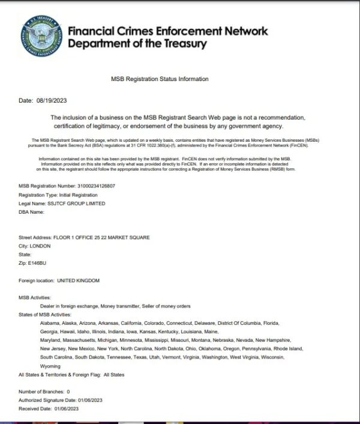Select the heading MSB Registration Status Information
pos(160,79)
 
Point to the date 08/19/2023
pos(50,101)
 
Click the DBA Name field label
pos(32,212)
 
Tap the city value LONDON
pos(40,246)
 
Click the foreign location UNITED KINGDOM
pos(78,280)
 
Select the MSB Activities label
pos(35,298)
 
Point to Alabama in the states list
pos(50,323)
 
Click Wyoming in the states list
pos(50,366)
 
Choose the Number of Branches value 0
pos(68,392)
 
